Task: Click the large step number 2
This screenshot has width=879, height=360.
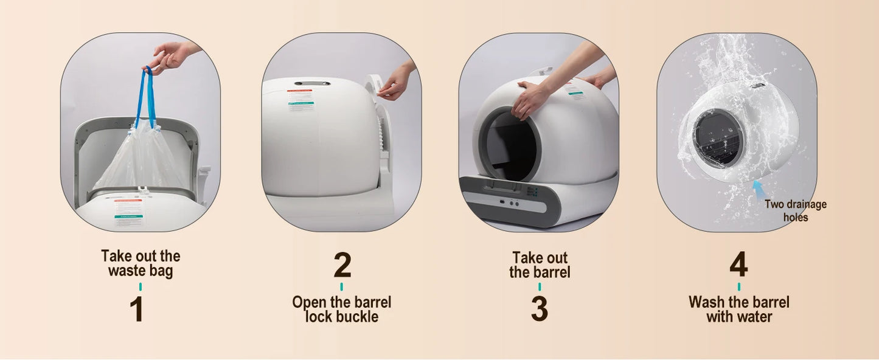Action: [x=342, y=265]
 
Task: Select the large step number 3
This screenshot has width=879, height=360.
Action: [x=539, y=309]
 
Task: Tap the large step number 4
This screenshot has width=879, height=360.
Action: [x=738, y=265]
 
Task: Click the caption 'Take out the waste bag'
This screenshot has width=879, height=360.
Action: [x=141, y=263]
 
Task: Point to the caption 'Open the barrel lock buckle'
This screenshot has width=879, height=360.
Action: [x=341, y=309]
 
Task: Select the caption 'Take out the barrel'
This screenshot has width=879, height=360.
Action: [x=540, y=265]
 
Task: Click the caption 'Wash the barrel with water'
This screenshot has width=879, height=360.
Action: [x=738, y=309]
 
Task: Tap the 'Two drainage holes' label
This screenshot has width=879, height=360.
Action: [x=795, y=210]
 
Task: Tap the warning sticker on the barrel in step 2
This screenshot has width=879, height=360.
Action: [x=299, y=100]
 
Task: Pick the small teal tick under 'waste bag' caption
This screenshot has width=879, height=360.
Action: [x=141, y=286]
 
